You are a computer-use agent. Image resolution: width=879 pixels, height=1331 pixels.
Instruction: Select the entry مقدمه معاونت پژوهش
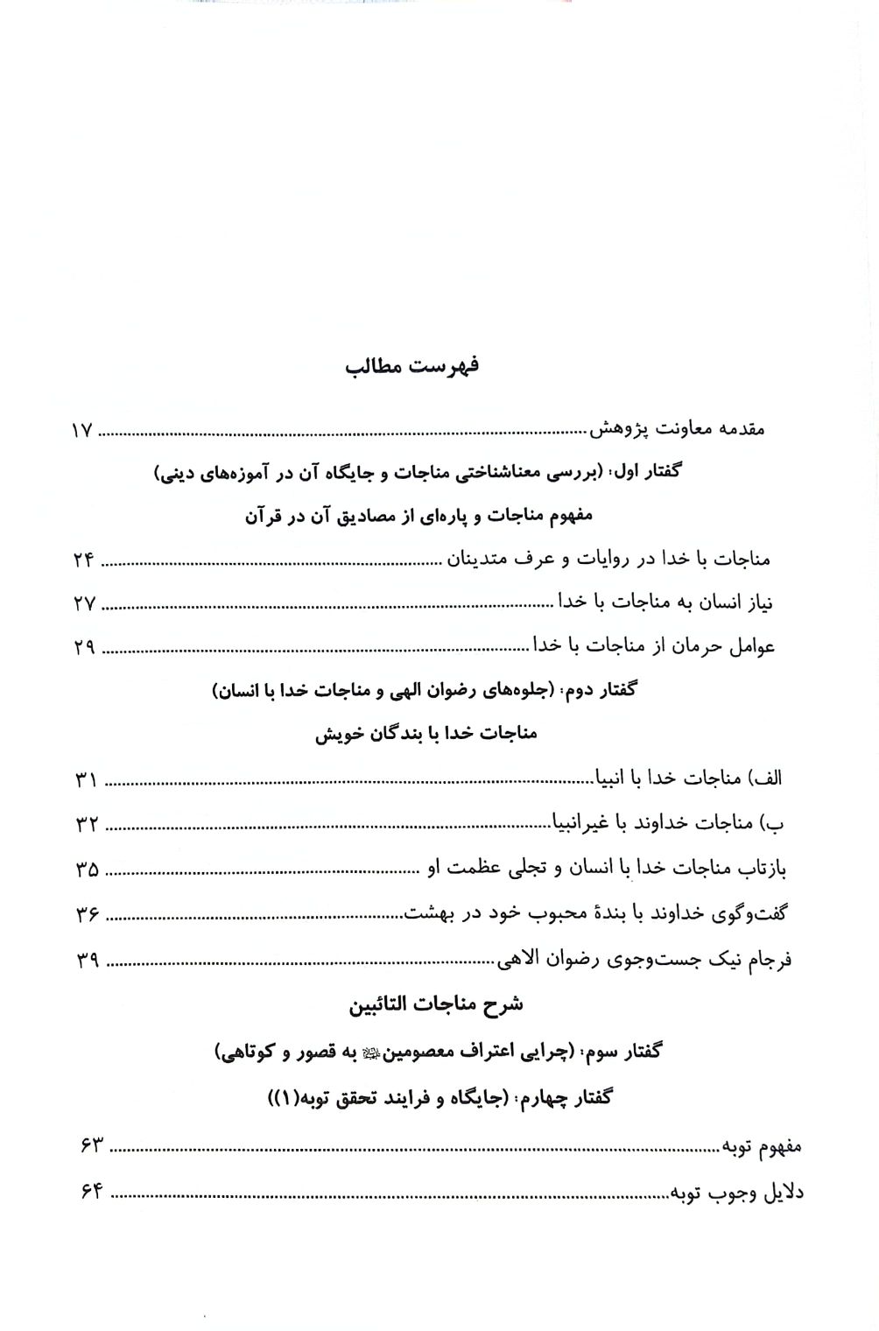point(678,430)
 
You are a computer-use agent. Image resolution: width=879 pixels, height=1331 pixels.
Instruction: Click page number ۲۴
point(84,560)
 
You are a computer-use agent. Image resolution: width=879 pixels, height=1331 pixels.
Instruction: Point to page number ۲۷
point(84,604)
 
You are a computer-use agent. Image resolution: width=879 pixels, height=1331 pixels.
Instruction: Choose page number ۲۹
point(84,649)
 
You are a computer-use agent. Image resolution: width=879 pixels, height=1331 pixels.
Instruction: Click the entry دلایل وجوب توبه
point(737,1192)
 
